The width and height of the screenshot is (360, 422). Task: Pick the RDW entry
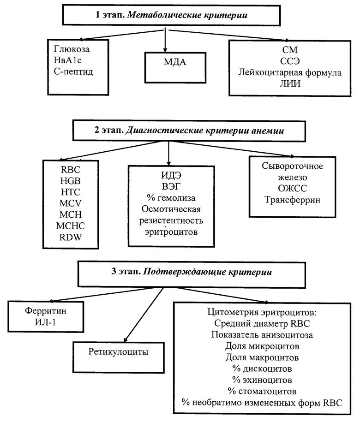pyautogui.click(x=71, y=238)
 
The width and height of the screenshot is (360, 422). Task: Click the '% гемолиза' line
pyautogui.click(x=170, y=198)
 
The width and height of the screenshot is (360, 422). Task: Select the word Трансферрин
pyautogui.click(x=293, y=200)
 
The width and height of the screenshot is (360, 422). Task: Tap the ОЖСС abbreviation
pyautogui.click(x=293, y=189)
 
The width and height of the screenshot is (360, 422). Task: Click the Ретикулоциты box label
pyautogui.click(x=118, y=352)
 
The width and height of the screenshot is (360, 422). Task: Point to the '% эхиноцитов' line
pyautogui.click(x=262, y=380)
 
